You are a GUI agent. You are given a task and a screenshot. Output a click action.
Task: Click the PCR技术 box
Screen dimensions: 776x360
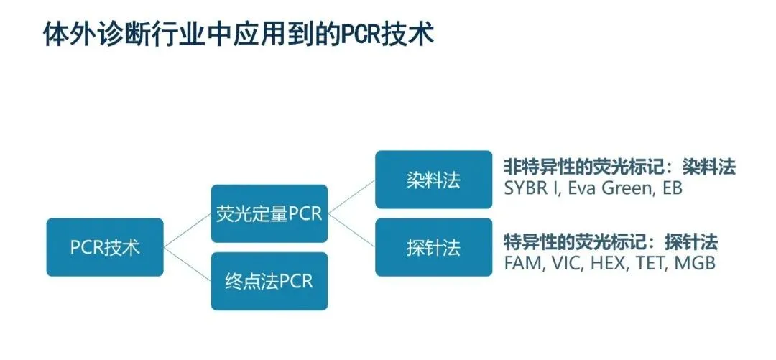(105, 247)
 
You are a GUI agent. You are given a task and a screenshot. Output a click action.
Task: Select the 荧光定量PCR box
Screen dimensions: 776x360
(269, 213)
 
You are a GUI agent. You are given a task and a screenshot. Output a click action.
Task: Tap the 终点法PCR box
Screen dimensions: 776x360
(269, 281)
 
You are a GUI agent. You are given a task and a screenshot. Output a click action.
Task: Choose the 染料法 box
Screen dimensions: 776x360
(433, 180)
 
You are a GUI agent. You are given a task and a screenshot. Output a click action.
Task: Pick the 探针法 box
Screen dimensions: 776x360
(433, 247)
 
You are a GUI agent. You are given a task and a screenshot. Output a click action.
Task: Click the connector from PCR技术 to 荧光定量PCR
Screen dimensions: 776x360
(187, 230)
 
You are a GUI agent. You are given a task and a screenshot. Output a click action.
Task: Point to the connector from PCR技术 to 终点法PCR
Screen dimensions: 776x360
(187, 264)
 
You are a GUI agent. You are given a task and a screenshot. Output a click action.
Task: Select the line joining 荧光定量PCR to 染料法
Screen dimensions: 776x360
(351, 197)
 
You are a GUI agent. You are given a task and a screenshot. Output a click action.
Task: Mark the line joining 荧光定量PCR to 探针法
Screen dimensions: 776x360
(351, 230)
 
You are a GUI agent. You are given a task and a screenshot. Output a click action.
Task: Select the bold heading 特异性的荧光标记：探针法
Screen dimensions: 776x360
(611, 242)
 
